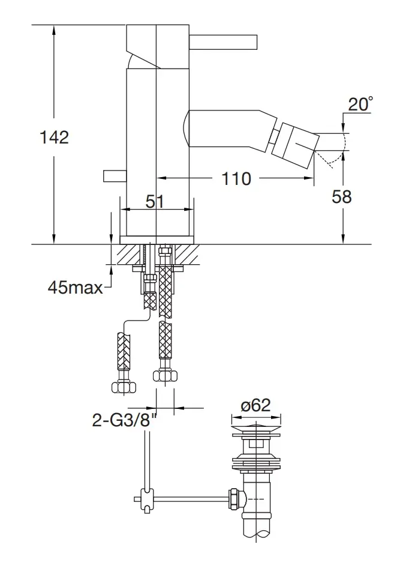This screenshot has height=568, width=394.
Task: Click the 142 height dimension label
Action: coord(54,137)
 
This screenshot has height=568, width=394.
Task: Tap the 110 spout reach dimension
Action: coord(236,178)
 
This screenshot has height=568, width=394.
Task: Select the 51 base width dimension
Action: coord(155,201)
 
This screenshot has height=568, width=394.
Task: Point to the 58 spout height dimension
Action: coord(342,197)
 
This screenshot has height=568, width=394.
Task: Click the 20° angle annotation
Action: coord(360,104)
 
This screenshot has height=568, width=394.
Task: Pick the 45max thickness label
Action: coord(75,288)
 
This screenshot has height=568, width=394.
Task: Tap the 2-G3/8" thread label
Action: coord(125,420)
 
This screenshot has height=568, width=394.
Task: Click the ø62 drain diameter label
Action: coord(256,405)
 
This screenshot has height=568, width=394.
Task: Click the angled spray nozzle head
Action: coord(296,145)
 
